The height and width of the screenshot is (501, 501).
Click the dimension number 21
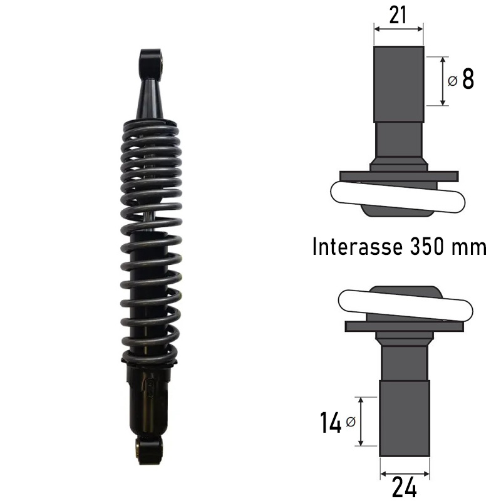[x=398, y=15]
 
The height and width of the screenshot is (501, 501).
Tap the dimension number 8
[x=468, y=79]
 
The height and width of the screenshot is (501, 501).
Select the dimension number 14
[x=331, y=422]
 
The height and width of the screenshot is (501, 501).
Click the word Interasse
[x=357, y=247]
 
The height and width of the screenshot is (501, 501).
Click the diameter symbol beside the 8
[x=453, y=81]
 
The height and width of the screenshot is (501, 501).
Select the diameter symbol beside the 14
[x=351, y=421]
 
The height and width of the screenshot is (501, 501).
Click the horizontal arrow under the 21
[x=398, y=29]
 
